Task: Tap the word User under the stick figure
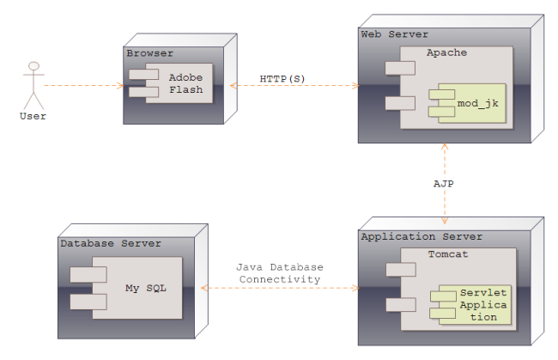tap(33, 116)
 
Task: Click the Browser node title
tap(149, 53)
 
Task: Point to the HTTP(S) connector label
tap(282, 78)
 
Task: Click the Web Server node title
tap(394, 34)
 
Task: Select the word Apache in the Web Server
tap(446, 52)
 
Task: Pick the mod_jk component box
tap(473, 104)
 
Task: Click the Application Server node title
tap(422, 236)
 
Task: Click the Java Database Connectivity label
tap(279, 273)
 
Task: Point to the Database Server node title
tap(111, 243)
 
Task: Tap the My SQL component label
tap(143, 287)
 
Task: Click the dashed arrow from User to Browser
tap(82, 86)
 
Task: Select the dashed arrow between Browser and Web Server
tap(292, 86)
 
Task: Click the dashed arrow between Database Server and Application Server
tap(279, 289)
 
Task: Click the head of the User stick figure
tap(33, 65)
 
